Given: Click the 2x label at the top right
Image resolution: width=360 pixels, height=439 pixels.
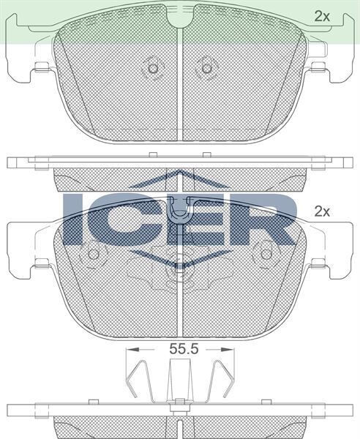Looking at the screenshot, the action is click(322, 17).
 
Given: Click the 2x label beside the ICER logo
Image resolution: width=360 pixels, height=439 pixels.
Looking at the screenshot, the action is click(322, 211).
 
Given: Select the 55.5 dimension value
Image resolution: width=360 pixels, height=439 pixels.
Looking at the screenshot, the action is click(184, 349).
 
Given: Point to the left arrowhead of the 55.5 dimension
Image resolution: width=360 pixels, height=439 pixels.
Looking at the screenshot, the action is click(133, 349).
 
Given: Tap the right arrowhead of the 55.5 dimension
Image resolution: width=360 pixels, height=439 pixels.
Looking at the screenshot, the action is click(227, 349).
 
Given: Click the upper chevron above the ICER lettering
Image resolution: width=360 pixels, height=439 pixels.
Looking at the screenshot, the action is click(180, 179).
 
